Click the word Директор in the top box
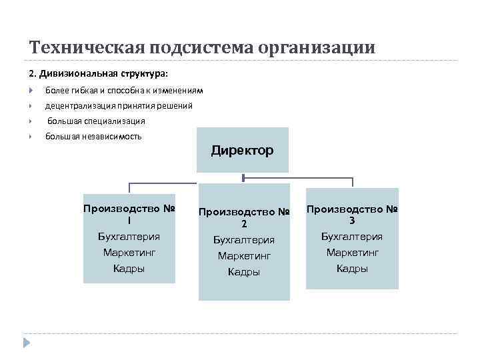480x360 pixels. (242, 151)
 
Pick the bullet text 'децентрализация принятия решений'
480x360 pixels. (119, 105)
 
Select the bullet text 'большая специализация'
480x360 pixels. (96, 121)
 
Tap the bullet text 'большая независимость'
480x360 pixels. (93, 137)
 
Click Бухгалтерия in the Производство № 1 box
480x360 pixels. (129, 236)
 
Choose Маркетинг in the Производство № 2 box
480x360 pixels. (244, 255)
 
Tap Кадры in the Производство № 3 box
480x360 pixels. (352, 269)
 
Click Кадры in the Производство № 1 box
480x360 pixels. (129, 269)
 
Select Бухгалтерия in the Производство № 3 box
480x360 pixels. (352, 236)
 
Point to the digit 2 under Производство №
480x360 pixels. (244, 224)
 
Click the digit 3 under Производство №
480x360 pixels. (352, 221)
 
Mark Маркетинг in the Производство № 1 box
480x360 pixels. (129, 253)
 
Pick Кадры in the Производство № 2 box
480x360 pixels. (244, 271)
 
